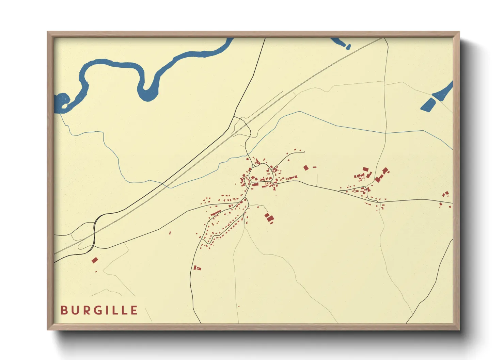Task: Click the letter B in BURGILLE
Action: coord(64,310)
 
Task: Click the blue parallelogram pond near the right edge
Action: coord(428,104)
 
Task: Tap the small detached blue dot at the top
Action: coord(348,47)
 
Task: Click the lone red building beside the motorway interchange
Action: coord(95,260)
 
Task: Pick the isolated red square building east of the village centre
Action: coord(306,167)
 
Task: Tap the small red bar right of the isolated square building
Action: coord(314,167)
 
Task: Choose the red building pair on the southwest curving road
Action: coord(197,268)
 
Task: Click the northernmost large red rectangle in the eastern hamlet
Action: coord(365,169)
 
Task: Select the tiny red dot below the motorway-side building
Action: coord(96,272)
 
